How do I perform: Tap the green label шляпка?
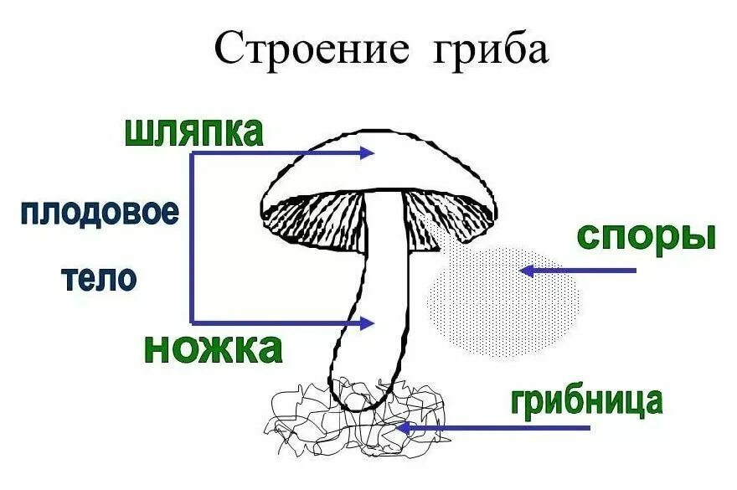click(193, 132)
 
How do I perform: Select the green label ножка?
click(213, 347)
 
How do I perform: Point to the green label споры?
click(646, 237)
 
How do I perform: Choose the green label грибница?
click(586, 401)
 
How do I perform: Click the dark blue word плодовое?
click(100, 213)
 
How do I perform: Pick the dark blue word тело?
click(100, 278)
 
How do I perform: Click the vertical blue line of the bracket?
click(192, 239)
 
